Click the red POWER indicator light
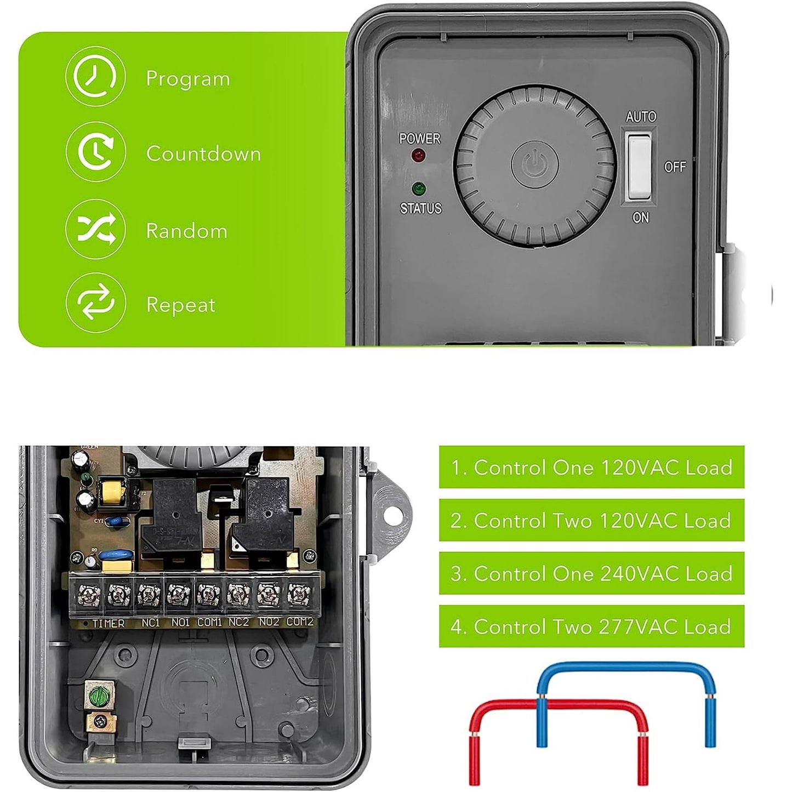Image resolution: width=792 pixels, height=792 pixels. [x=419, y=155]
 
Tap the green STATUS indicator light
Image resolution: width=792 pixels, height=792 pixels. [x=419, y=189]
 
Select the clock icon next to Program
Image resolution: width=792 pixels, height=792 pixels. [x=95, y=76]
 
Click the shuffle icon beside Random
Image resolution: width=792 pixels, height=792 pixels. [x=95, y=229]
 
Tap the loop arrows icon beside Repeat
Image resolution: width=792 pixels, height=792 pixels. [x=95, y=303]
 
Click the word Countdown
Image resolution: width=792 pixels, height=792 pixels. [x=203, y=154]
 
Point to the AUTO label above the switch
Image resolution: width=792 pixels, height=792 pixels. [x=641, y=117]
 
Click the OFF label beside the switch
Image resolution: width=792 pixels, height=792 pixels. [x=675, y=167]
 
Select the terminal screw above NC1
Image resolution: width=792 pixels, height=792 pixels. [x=149, y=594]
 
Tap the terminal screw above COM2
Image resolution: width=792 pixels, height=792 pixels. [x=299, y=594]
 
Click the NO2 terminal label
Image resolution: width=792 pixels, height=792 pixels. [x=269, y=622]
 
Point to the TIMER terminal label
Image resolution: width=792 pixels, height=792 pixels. [x=108, y=624]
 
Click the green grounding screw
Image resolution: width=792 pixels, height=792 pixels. [x=99, y=697]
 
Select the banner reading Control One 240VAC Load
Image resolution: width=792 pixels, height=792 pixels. [x=591, y=573]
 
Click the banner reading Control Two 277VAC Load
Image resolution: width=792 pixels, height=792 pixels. [x=591, y=626]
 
